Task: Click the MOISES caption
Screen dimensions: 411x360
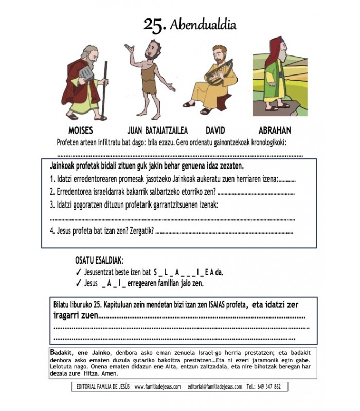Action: [x=80, y=130]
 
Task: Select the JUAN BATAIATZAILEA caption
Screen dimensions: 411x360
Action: [x=157, y=130]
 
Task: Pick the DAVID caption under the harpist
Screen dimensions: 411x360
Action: [x=215, y=130]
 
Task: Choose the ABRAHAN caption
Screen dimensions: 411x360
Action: [x=276, y=130]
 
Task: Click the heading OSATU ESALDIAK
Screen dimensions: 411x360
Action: [x=99, y=261]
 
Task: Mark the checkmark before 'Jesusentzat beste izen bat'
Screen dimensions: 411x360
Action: [x=78, y=272]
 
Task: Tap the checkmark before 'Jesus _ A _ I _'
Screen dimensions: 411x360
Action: [x=78, y=283]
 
